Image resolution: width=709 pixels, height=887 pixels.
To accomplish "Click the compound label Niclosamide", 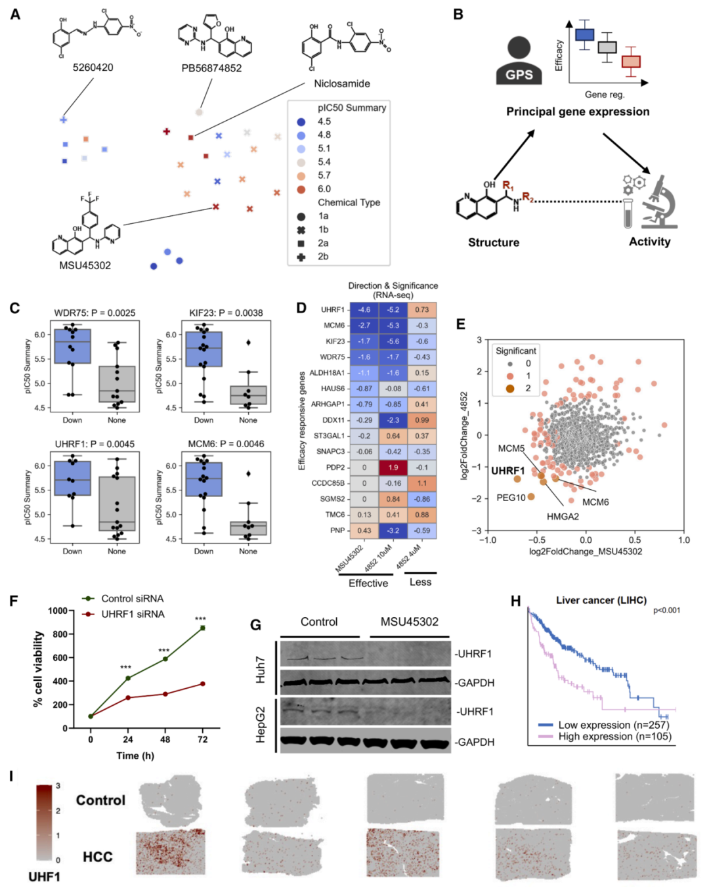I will pyautogui.click(x=341, y=83).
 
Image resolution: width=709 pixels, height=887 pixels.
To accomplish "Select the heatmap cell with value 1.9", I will pyautogui.click(x=393, y=467).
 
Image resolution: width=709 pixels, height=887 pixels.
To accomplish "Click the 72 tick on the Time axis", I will pyautogui.click(x=202, y=739).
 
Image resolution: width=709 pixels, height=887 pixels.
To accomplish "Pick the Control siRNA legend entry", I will pyautogui.click(x=132, y=599).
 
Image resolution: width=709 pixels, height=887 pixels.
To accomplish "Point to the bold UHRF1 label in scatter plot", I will pyautogui.click(x=507, y=471).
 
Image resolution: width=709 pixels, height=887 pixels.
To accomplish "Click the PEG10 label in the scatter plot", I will pyautogui.click(x=511, y=498).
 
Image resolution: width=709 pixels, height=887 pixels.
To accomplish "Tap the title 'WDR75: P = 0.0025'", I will pyautogui.click(x=95, y=313).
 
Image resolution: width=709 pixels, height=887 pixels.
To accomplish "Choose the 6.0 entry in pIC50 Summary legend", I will pyautogui.click(x=324, y=189).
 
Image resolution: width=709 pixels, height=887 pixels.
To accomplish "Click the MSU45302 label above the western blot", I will pyautogui.click(x=409, y=622).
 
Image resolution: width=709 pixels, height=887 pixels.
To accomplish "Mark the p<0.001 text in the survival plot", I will pyautogui.click(x=666, y=611).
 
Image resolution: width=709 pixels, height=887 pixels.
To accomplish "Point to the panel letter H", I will pyautogui.click(x=515, y=601).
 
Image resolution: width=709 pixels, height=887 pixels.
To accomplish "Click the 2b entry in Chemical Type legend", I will pyautogui.click(x=323, y=257).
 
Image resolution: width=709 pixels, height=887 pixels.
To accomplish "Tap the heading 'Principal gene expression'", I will pyautogui.click(x=578, y=112).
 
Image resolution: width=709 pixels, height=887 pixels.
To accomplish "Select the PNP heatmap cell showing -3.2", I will pyautogui.click(x=393, y=530).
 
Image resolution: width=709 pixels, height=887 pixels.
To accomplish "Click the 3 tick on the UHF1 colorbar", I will pyautogui.click(x=58, y=786).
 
